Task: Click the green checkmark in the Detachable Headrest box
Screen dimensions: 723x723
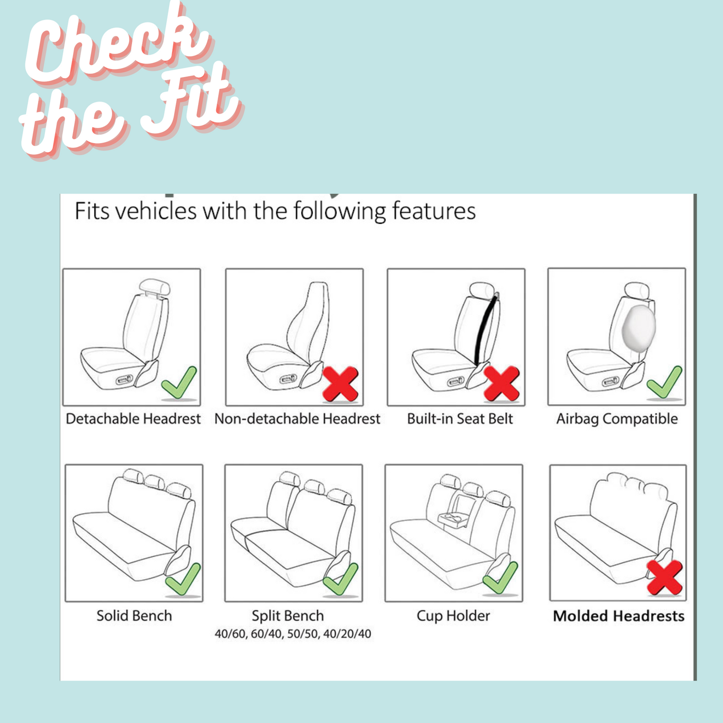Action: point(179,383)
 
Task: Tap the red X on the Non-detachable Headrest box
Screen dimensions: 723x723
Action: point(341,384)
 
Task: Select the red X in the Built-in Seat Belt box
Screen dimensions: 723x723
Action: point(502,384)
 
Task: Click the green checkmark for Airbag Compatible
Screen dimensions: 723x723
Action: point(664,383)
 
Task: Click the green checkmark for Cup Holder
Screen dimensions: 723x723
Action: point(500,578)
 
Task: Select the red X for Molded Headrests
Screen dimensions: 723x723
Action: point(664,578)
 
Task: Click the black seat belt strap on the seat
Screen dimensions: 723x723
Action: point(486,329)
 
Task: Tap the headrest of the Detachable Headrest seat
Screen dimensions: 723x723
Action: point(155,288)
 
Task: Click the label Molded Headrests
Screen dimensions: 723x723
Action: point(619,616)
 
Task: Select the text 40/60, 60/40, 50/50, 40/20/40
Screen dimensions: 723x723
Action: point(293,634)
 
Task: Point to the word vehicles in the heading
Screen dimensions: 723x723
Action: point(155,211)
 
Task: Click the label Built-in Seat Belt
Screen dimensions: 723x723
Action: point(460,419)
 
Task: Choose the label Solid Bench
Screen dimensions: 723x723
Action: point(134,616)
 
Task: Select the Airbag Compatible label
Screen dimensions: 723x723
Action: point(617,419)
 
